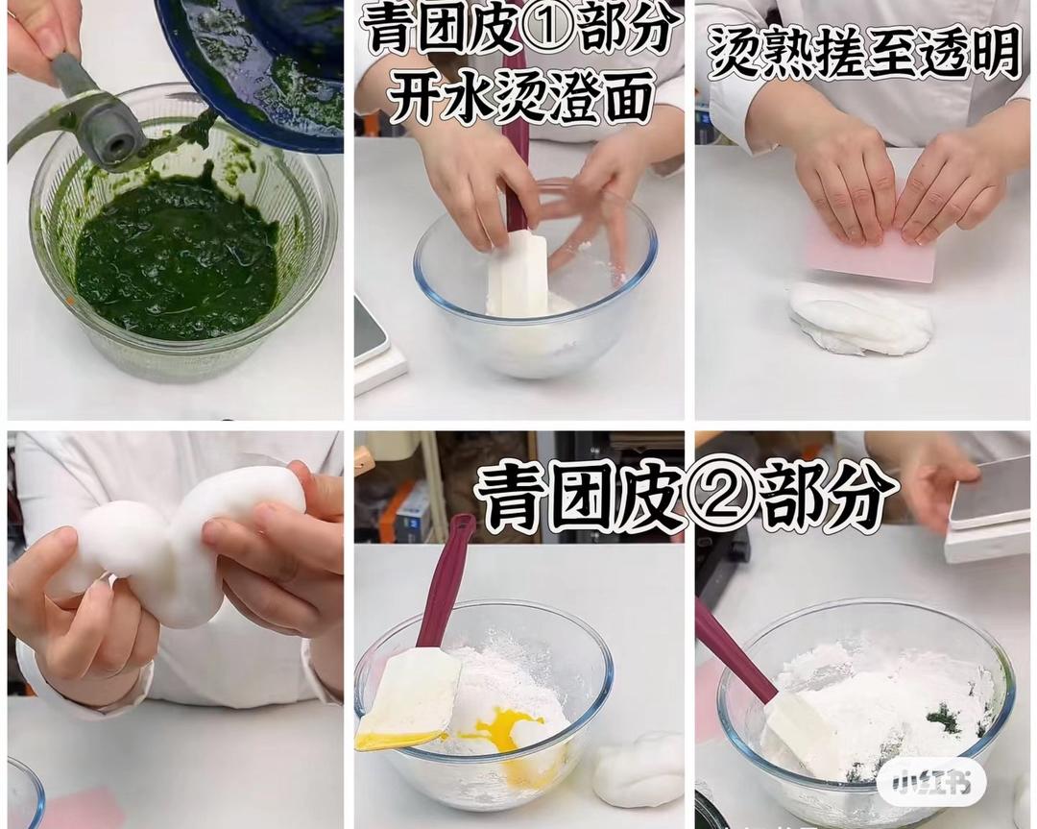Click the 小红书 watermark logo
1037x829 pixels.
[x=931, y=783]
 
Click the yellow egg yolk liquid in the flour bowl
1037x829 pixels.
[x=497, y=730]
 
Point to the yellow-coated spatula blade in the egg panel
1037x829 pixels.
[x=408, y=700]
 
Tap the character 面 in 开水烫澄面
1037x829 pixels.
[x=620, y=97]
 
